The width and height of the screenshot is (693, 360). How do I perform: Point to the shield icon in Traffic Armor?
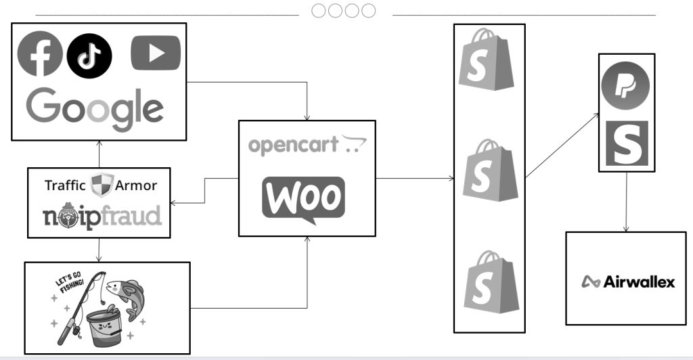[102, 185]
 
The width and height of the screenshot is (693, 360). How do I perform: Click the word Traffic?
[65, 185]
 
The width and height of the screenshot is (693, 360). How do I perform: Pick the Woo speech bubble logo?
[303, 198]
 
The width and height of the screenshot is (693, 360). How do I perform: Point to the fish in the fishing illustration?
[129, 295]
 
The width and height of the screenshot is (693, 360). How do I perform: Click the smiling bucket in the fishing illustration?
[102, 325]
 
